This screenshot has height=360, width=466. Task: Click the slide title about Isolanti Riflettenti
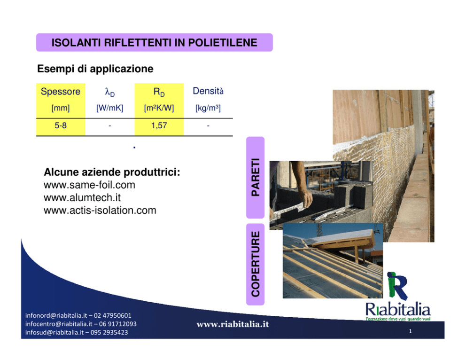[154, 42]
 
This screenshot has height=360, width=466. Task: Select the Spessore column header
[60, 92]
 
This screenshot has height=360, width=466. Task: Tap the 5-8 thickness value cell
[60, 125]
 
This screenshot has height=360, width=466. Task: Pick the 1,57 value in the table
[159, 125]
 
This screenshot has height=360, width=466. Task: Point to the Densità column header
[208, 91]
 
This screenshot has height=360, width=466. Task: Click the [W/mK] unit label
[109, 108]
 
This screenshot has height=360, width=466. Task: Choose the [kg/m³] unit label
[208, 108]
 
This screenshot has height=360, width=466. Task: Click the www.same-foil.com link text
[89, 185]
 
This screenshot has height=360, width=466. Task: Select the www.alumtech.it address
[82, 198]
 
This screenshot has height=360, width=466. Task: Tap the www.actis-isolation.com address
[100, 211]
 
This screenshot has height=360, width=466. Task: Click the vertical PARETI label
[255, 177]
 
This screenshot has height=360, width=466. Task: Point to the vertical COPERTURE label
[255, 264]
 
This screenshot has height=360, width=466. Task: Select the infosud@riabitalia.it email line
[54, 332]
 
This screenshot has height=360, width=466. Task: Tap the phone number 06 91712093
[118, 324]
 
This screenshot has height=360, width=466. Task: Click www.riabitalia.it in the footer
[233, 324]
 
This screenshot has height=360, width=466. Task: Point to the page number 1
[411, 331]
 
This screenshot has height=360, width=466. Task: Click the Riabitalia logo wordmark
[398, 309]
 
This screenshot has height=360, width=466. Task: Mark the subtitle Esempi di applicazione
[95, 69]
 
